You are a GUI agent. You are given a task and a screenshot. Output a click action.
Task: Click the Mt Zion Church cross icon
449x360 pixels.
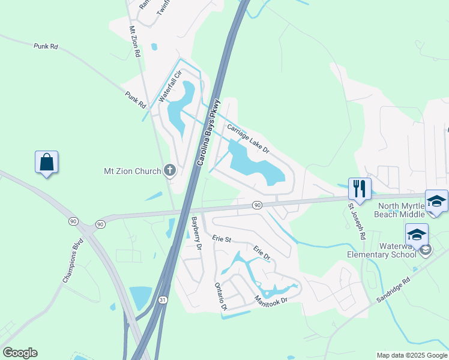click(x=170, y=171)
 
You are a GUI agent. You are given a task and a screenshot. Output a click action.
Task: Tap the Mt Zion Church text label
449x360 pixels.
click(x=132, y=172)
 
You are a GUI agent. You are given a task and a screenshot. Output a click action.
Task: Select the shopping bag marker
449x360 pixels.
click(x=46, y=162)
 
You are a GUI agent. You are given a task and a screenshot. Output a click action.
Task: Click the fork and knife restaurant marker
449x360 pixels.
click(x=359, y=188)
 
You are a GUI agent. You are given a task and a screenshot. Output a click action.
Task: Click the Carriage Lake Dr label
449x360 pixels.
click(x=248, y=138)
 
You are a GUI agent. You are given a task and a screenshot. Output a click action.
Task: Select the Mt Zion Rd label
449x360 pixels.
click(x=134, y=41)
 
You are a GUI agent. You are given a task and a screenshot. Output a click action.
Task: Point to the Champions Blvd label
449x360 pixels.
click(x=72, y=262)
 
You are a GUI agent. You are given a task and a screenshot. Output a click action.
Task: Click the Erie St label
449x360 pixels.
click(x=221, y=239)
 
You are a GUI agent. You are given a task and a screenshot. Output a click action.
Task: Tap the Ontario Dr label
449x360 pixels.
click(x=220, y=296)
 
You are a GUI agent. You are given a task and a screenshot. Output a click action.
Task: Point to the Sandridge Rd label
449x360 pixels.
click(x=390, y=290)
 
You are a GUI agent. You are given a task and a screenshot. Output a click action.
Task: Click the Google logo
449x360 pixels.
click(x=20, y=353)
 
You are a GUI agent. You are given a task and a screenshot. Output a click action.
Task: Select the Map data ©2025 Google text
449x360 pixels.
click(x=411, y=355)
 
